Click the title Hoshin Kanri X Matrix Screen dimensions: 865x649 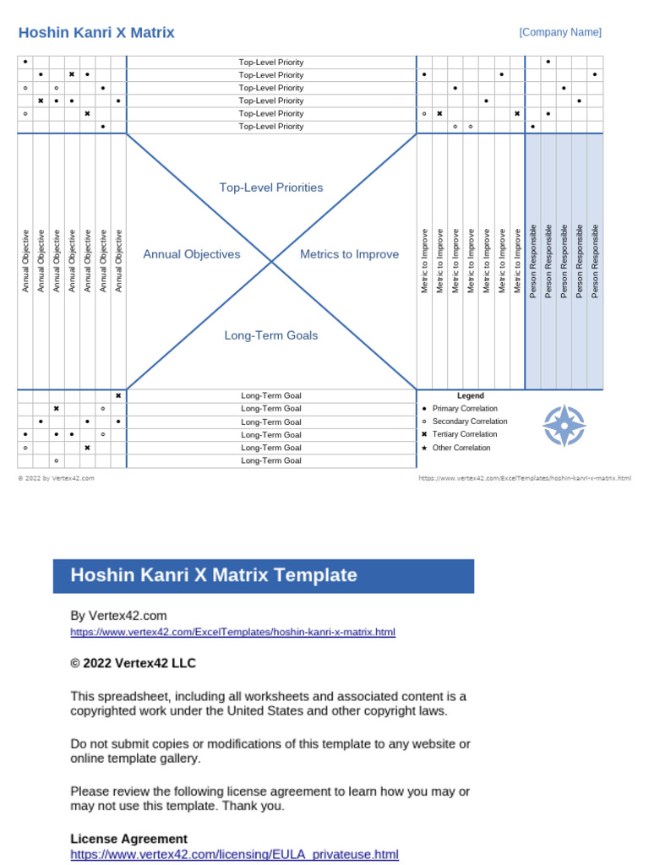(96, 33)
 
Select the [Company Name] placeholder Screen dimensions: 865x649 (560, 32)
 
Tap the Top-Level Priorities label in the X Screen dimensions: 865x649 (271, 188)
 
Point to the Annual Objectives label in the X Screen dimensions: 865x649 (192, 254)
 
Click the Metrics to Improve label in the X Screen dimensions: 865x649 (349, 254)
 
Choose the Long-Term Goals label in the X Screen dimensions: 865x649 (271, 335)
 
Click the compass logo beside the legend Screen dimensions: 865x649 (564, 426)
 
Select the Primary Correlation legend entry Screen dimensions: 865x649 (465, 409)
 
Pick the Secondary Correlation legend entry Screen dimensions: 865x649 (470, 422)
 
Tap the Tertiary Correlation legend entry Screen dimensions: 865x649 (465, 435)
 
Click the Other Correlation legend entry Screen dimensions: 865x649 (461, 448)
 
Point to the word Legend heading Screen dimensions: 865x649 (471, 395)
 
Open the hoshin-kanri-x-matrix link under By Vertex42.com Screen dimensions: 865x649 (232, 632)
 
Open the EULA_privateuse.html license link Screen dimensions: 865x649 (234, 855)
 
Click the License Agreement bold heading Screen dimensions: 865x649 (128, 839)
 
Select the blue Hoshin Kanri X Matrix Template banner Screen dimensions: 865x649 (263, 576)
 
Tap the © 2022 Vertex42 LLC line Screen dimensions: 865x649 (133, 664)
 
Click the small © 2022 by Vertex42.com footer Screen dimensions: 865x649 (56, 478)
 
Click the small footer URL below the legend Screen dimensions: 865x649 (525, 478)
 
